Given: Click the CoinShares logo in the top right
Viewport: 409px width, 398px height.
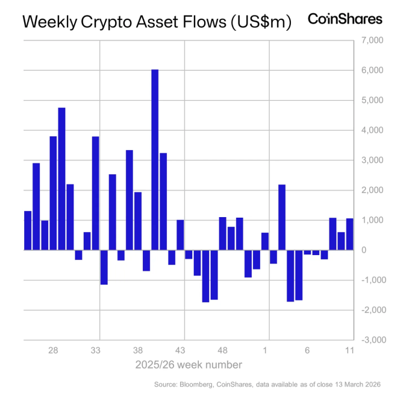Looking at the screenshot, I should pos(345,19).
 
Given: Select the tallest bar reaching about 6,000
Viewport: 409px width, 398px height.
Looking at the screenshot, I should pos(155,160).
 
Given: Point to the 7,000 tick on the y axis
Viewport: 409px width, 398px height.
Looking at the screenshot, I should pos(372,40).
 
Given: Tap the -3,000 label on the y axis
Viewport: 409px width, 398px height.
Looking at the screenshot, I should pos(370,340).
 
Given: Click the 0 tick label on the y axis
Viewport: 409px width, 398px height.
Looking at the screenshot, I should pos(378,250).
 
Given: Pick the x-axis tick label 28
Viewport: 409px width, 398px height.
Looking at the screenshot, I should pos(53,351).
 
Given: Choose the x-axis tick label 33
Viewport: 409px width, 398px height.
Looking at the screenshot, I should pos(95,351).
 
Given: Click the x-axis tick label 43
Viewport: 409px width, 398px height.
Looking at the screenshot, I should pos(180,351).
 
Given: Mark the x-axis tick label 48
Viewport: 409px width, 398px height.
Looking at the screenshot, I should pos(222,351).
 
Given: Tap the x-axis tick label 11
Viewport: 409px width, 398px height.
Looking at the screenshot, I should pos(349,351).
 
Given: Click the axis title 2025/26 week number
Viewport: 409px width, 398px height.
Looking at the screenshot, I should pos(189,365).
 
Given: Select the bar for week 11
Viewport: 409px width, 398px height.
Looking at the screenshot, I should pos(349,234).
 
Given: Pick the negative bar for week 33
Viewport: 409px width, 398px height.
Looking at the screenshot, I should pos(104,267).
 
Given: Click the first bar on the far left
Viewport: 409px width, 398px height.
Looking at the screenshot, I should pos(28,230).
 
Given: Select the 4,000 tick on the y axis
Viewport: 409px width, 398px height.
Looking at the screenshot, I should pos(372,130).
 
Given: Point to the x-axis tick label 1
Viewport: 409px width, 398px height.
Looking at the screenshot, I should pos(265,351).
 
